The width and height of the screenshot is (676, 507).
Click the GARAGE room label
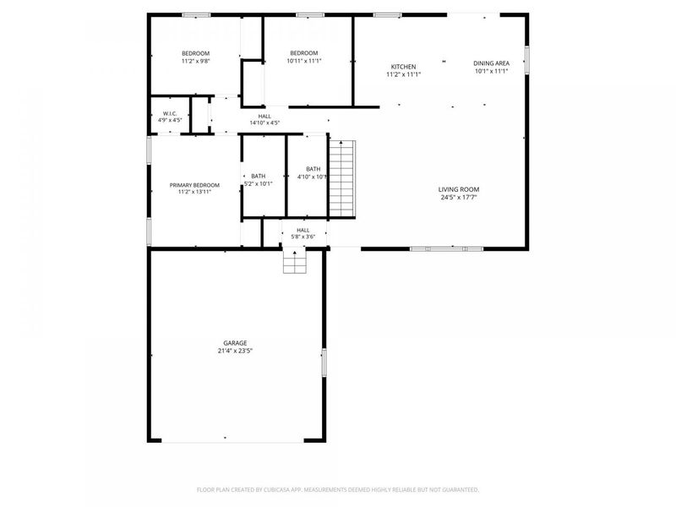click(x=235, y=343)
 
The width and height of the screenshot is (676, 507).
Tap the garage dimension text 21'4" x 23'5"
click(x=235, y=350)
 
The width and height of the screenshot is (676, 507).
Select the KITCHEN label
click(x=403, y=67)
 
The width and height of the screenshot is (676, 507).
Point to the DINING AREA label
click(x=491, y=63)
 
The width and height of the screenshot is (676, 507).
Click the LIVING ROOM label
click(x=459, y=189)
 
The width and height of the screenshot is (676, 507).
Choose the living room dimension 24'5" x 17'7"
click(x=459, y=199)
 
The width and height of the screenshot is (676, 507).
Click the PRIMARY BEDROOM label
click(x=194, y=185)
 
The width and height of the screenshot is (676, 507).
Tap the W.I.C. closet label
click(x=170, y=113)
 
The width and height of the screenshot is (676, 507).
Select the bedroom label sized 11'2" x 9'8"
click(x=195, y=54)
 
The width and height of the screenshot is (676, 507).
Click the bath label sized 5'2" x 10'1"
click(x=258, y=176)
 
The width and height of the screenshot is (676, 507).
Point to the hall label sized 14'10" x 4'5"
click(x=264, y=117)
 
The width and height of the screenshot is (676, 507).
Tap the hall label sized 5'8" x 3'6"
click(x=303, y=230)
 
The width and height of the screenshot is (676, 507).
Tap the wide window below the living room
click(x=446, y=248)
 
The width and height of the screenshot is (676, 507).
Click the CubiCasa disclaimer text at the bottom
click(x=338, y=489)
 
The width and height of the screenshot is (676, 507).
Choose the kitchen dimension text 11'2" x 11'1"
click(x=403, y=74)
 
